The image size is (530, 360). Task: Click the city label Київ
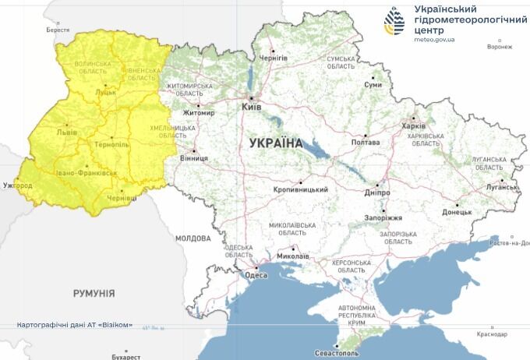pos(252,107)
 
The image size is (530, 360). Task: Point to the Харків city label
pos(413,125)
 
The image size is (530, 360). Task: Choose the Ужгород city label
pos(17,185)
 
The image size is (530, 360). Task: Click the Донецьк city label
pos(457,211)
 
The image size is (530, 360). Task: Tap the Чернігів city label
pos(274,58)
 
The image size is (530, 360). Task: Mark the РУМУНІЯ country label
pos(94,294)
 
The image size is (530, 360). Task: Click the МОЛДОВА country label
pos(193,238)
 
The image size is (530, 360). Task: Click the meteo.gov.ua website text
pos(434,38)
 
